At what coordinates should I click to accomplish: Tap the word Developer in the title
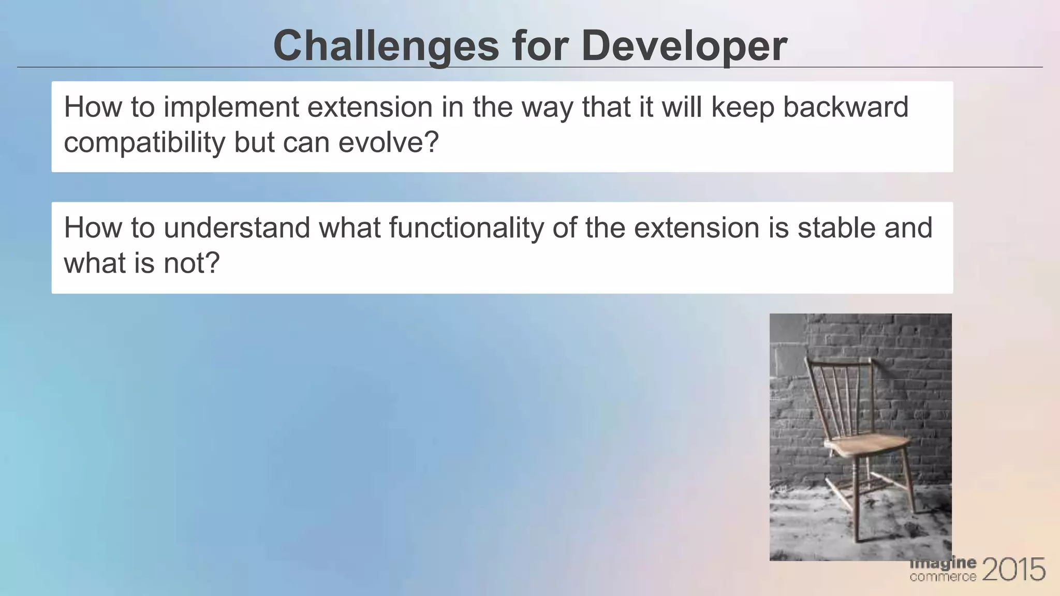pos(684,47)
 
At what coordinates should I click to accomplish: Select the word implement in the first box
pos(231,108)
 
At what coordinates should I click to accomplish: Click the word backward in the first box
pos(845,107)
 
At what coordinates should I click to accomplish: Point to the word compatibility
pos(144,142)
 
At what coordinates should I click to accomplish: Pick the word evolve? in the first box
pos(388,142)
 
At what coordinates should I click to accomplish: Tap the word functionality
pos(466,228)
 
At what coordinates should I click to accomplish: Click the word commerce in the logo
pos(943,576)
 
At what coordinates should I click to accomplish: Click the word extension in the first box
pos(370,107)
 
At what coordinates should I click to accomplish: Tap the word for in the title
pos(540,47)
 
